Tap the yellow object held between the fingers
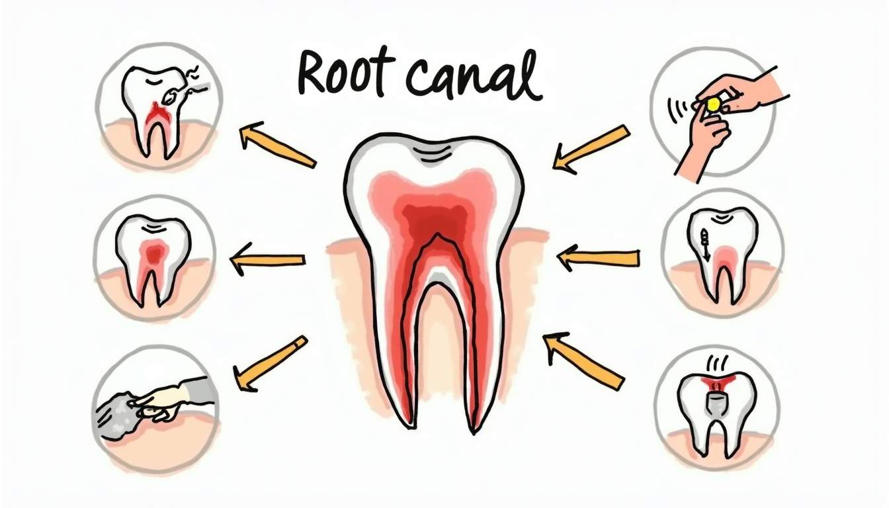[712, 104]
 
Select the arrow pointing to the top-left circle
[277, 144]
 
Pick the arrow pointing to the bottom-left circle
[271, 364]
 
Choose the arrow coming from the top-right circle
[591, 149]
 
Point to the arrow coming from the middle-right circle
[599, 257]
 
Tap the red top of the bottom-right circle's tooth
[717, 382]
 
